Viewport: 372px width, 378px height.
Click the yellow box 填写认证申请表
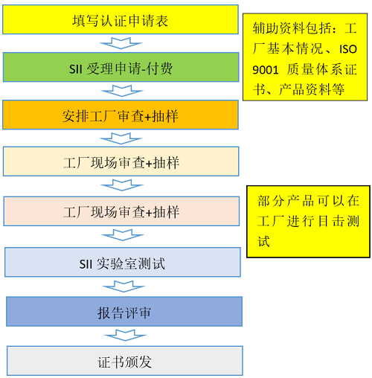click(x=121, y=19)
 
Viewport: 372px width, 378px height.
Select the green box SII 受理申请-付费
click(x=121, y=67)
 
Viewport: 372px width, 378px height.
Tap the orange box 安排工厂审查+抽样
click(x=121, y=115)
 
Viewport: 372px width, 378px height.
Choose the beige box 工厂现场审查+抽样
click(x=121, y=161)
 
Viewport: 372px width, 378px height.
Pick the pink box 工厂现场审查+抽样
click(x=121, y=211)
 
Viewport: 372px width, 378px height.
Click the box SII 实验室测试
click(x=123, y=262)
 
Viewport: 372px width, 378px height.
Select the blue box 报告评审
click(x=124, y=312)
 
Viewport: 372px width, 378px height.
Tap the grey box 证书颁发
click(x=125, y=361)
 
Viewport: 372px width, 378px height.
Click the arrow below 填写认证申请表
click(x=121, y=43)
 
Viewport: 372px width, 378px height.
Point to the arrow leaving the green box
click(x=122, y=91)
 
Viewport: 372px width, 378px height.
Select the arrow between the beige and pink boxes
click(x=122, y=185)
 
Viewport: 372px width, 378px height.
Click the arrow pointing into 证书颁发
click(x=125, y=336)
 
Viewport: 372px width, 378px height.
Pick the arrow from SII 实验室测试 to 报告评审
click(x=124, y=286)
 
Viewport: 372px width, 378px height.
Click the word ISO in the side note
click(x=348, y=49)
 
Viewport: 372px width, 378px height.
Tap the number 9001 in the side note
click(x=266, y=70)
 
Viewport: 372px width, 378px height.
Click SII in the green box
click(x=76, y=69)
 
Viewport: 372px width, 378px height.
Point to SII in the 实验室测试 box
click(x=86, y=264)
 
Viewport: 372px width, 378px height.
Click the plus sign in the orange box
click(x=147, y=117)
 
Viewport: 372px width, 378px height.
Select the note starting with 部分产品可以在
click(x=308, y=222)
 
